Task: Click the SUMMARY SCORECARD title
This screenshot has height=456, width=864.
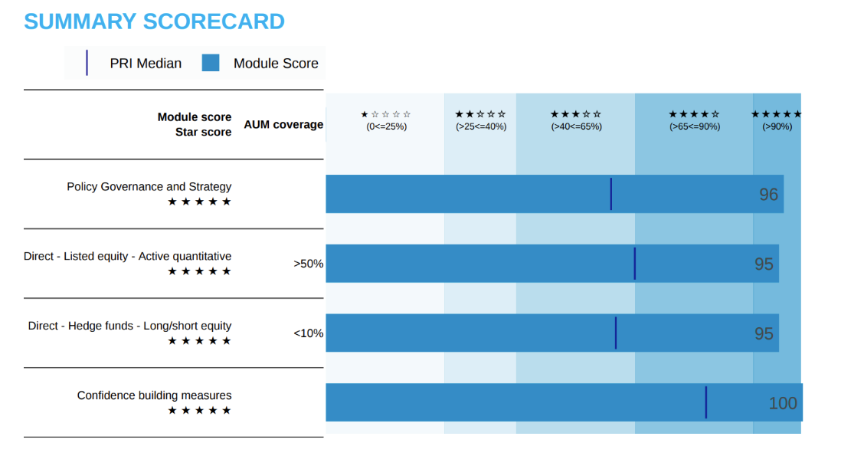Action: pyautogui.click(x=154, y=21)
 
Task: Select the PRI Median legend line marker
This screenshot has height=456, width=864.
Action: pyautogui.click(x=87, y=63)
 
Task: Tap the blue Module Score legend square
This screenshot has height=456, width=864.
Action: pyautogui.click(x=211, y=63)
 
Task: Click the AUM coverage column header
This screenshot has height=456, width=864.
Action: pyautogui.click(x=283, y=124)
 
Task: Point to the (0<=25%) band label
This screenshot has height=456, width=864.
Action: pyautogui.click(x=386, y=126)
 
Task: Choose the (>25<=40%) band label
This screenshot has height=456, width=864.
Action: pyautogui.click(x=480, y=126)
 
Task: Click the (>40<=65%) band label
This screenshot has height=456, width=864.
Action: pyautogui.click(x=576, y=126)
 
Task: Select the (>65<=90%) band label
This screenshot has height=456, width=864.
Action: pyautogui.click(x=694, y=126)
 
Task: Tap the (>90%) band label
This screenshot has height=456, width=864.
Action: pyautogui.click(x=777, y=126)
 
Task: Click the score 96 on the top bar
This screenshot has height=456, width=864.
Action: pyautogui.click(x=768, y=195)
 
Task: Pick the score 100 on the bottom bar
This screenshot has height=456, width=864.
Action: pyautogui.click(x=783, y=403)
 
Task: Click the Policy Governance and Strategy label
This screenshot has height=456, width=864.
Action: pyautogui.click(x=149, y=186)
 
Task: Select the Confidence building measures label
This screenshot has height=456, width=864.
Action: pyautogui.click(x=154, y=395)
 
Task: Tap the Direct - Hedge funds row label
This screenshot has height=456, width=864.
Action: pyautogui.click(x=129, y=326)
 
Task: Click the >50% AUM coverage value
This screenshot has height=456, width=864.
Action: pyautogui.click(x=308, y=264)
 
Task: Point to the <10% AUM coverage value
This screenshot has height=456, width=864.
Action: pyautogui.click(x=308, y=333)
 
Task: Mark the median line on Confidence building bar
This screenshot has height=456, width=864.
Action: pyautogui.click(x=705, y=402)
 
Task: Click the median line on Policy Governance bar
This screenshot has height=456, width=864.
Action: pyautogui.click(x=610, y=194)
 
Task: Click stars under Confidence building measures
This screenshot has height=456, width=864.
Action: pyautogui.click(x=199, y=411)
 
